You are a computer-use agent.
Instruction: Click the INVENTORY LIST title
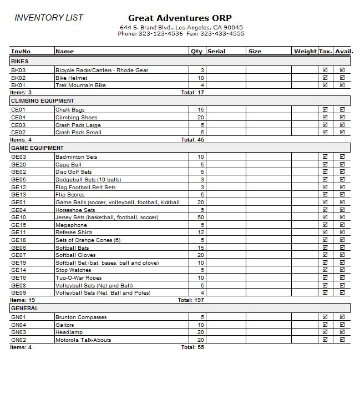49,18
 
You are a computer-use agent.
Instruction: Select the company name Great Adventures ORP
180,18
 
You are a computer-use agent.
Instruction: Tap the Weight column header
305,52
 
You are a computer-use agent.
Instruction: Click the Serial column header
216,52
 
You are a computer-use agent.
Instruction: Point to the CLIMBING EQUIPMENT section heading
42,101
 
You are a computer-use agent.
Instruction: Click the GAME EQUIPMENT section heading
37,148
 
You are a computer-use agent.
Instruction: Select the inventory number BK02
18,78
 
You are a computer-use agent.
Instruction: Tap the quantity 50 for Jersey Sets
201,218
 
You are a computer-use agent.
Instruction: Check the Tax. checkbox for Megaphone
325,225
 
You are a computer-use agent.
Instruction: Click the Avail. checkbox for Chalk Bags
342,110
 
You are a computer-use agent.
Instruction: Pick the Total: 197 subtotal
191,300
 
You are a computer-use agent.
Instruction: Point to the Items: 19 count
22,300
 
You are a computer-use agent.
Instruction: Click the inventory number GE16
18,277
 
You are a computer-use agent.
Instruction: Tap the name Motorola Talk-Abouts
83,340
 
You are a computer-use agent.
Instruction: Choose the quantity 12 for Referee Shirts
201,233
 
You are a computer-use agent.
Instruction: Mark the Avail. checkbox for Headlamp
342,332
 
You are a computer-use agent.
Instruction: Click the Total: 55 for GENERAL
192,347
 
